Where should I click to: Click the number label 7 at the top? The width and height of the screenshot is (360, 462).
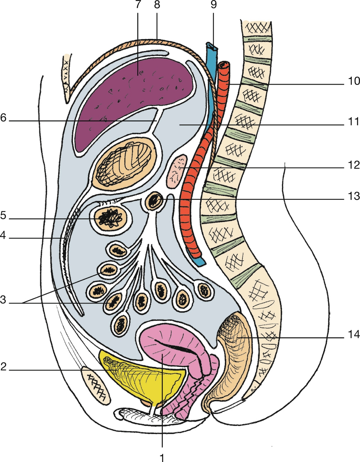pyautogui.click(x=138, y=5)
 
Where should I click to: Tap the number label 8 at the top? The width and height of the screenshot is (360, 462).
pyautogui.click(x=157, y=5)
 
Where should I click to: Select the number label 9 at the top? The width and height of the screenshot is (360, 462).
pyautogui.click(x=213, y=5)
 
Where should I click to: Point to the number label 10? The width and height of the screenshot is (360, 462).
pyautogui.click(x=353, y=81)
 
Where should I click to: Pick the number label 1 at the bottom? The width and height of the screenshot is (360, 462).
pyautogui.click(x=162, y=456)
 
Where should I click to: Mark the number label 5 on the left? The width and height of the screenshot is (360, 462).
pyautogui.click(x=3, y=216)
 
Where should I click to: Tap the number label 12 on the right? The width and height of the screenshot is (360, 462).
pyautogui.click(x=353, y=165)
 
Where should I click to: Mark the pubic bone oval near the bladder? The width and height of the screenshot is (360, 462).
pyautogui.click(x=96, y=384)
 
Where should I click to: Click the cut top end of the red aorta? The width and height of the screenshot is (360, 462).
pyautogui.click(x=224, y=64)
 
